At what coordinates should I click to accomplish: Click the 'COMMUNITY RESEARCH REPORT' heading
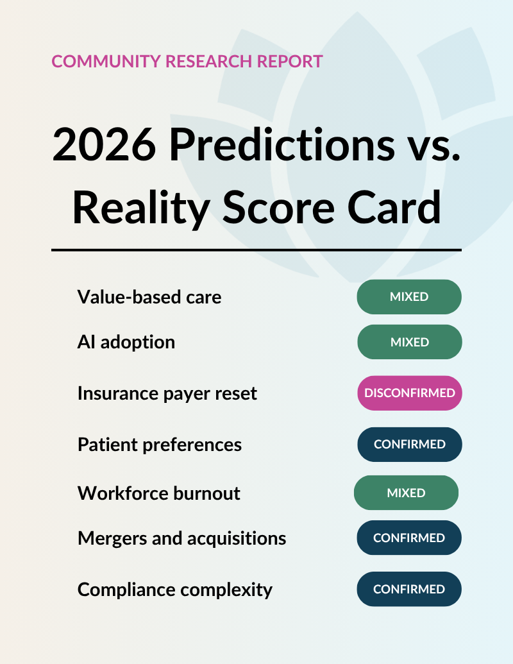pyautogui.click(x=187, y=62)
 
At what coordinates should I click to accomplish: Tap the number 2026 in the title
pyautogui.click(x=104, y=145)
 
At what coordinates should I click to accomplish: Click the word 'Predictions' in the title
pyautogui.click(x=282, y=144)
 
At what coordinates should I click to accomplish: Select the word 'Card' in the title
pyautogui.click(x=394, y=207)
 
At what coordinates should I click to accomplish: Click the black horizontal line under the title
pyautogui.click(x=256, y=250)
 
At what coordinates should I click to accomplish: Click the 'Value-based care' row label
pyautogui.click(x=149, y=297)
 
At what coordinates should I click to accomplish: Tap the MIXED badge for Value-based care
pyautogui.click(x=409, y=297)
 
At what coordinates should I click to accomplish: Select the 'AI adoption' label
pyautogui.click(x=126, y=342)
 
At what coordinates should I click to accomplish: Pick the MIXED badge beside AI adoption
pyautogui.click(x=410, y=342)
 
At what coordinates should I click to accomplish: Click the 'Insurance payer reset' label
pyautogui.click(x=167, y=393)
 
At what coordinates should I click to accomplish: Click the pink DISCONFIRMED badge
pyautogui.click(x=410, y=393)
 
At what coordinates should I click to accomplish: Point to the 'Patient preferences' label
pyautogui.click(x=160, y=445)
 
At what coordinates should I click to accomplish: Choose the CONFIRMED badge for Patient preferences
pyautogui.click(x=410, y=444)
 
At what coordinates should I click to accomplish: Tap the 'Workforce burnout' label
pyautogui.click(x=159, y=493)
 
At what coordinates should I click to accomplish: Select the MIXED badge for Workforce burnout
pyautogui.click(x=407, y=493)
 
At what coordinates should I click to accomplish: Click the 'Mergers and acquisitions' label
pyautogui.click(x=182, y=538)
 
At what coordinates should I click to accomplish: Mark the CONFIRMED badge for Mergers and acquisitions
pyautogui.click(x=409, y=538)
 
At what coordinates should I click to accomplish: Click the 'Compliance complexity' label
pyautogui.click(x=175, y=590)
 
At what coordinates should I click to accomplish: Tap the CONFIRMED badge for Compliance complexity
pyautogui.click(x=409, y=589)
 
